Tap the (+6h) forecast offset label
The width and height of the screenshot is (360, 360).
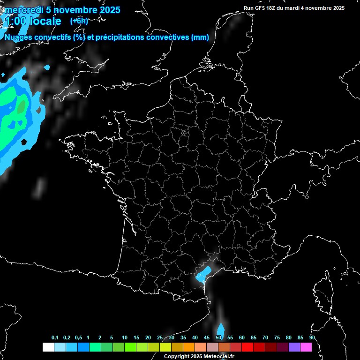pyautogui.click(x=79, y=21)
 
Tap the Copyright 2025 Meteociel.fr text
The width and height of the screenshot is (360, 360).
pyautogui.click(x=199, y=356)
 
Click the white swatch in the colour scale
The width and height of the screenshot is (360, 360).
pyautogui.click(x=48, y=347)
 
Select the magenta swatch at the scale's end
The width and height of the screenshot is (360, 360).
pyautogui.click(x=306, y=347)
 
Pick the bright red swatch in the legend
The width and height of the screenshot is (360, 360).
pyautogui.click(x=247, y=347)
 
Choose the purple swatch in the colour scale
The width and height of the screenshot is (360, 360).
pyautogui.click(x=294, y=347)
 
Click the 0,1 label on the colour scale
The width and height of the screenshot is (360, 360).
pyautogui.click(x=55, y=337)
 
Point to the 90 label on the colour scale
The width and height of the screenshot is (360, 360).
pyautogui.click(x=312, y=337)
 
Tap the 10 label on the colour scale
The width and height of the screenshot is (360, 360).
pyautogui.click(x=124, y=337)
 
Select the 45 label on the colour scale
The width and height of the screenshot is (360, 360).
pyautogui.click(x=206, y=337)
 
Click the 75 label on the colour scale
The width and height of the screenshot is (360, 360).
pyautogui.click(x=277, y=337)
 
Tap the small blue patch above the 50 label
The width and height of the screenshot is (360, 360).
pyautogui.click(x=220, y=328)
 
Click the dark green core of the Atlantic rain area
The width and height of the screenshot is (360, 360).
pyautogui.click(x=21, y=107)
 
